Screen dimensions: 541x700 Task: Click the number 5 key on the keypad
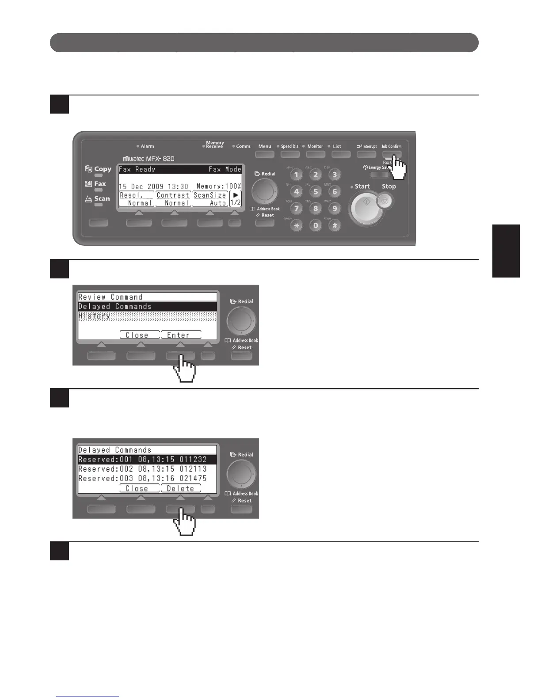316,192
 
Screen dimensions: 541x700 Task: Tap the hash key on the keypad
335,225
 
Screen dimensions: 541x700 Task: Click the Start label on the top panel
362,186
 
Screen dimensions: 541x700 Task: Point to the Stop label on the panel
389,186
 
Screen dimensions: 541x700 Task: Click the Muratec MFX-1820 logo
149,159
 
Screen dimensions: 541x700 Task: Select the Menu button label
265,146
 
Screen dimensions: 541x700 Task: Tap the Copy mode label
103,169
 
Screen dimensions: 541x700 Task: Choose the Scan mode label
102,199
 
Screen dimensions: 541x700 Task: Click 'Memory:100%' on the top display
219,186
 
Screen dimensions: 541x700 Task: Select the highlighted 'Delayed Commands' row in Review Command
147,306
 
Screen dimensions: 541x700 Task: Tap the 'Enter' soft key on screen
181,335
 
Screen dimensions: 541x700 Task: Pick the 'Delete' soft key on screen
180,488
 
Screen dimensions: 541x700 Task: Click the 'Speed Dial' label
290,146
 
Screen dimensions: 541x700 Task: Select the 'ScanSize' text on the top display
210,195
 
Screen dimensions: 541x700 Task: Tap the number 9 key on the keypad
335,209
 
